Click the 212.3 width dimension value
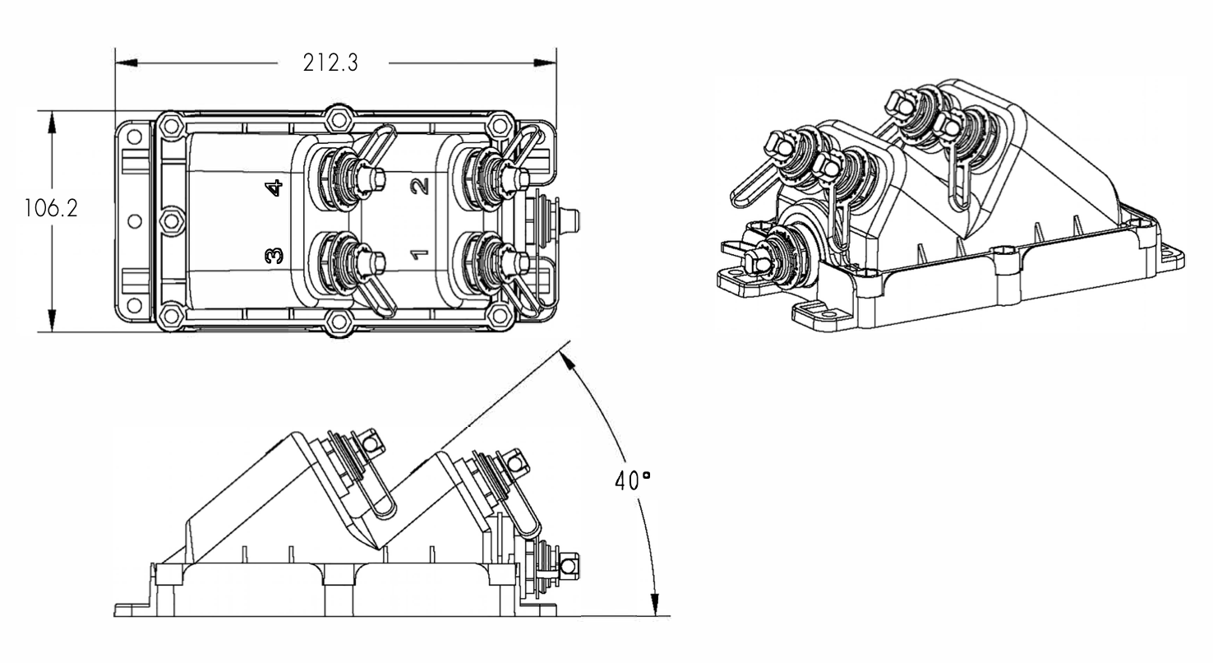click(x=330, y=63)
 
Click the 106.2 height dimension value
click(x=51, y=208)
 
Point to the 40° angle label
click(x=632, y=480)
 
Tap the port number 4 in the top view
click(x=274, y=188)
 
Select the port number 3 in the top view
click(x=274, y=255)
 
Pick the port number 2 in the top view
click(x=420, y=186)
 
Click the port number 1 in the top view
click(x=420, y=253)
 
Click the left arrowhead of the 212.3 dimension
click(x=127, y=63)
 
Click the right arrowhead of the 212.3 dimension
click(x=545, y=63)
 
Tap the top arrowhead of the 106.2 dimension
click(x=52, y=122)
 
